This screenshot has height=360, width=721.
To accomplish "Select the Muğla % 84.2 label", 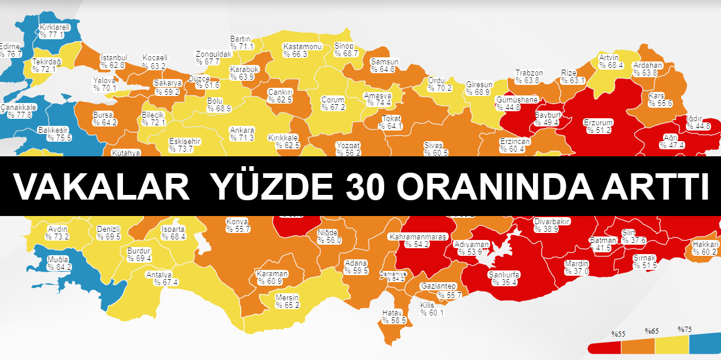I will tap(59, 263).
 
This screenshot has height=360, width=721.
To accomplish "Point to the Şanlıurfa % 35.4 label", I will tap(504, 278).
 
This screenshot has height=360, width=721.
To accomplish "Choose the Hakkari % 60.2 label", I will tap(705, 248).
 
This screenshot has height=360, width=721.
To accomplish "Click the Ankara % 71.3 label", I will tap(242, 134).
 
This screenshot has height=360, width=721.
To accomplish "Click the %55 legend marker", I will tap(619, 334).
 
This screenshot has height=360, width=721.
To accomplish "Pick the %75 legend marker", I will tap(685, 329).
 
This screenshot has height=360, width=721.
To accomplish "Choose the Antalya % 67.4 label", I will tap(162, 278).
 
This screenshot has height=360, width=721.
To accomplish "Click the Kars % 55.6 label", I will tap(660, 99).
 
